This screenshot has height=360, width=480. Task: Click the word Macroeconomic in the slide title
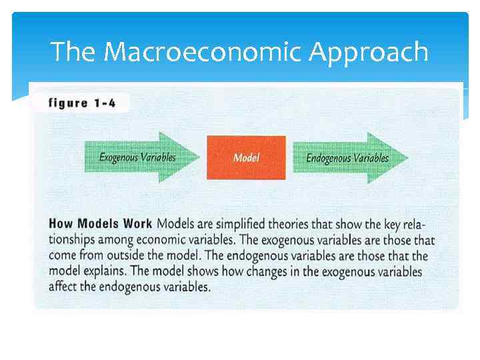coord(203,51)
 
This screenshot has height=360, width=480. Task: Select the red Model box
coord(246,158)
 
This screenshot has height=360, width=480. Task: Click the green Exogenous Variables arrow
coord(140,158)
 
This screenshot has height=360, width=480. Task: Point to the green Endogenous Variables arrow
coord(349,158)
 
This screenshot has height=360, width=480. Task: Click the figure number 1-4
coord(104,103)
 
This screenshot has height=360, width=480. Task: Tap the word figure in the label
coord(69,103)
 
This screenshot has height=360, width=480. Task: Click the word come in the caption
coord(63,256)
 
